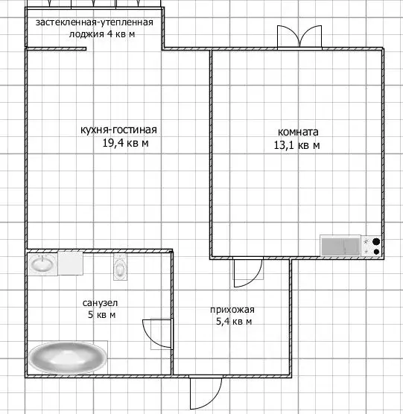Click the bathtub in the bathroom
point(67,358)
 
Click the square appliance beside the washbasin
point(71,263)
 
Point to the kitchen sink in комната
point(340,245)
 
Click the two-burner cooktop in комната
point(373,246)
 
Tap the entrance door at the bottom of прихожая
point(205,392)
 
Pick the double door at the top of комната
point(291,37)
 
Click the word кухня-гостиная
point(118,130)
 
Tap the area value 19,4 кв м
point(125,144)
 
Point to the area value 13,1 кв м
point(296,145)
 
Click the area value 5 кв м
point(100,315)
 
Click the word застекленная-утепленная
point(95,22)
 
